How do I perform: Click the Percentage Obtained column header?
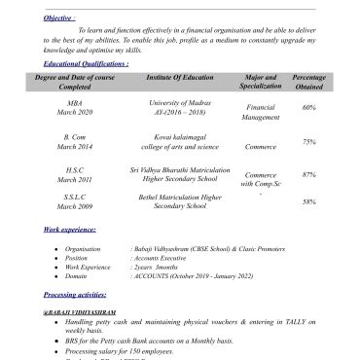pos(308,81)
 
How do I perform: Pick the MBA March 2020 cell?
pos(74,107)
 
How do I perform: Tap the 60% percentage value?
pos(308,107)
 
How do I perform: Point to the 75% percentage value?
pos(308,142)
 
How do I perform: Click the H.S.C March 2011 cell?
pos(74,174)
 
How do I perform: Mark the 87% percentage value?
pos(308,174)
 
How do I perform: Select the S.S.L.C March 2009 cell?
pos(74,201)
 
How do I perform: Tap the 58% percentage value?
pos(308,201)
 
